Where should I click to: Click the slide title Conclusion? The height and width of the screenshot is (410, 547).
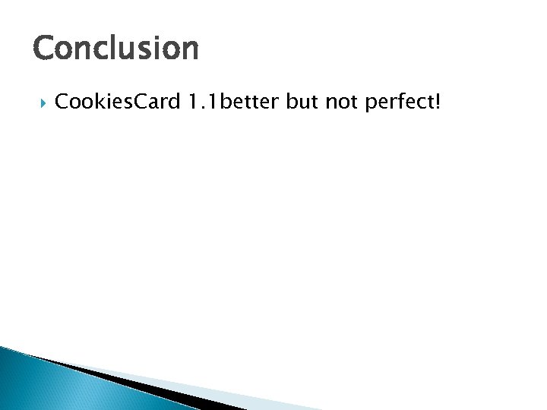tap(115, 49)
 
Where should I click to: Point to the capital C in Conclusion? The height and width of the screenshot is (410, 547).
tap(44, 49)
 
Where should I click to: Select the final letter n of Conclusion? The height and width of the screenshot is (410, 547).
tap(188, 50)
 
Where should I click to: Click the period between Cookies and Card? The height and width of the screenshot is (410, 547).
tap(116, 106)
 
